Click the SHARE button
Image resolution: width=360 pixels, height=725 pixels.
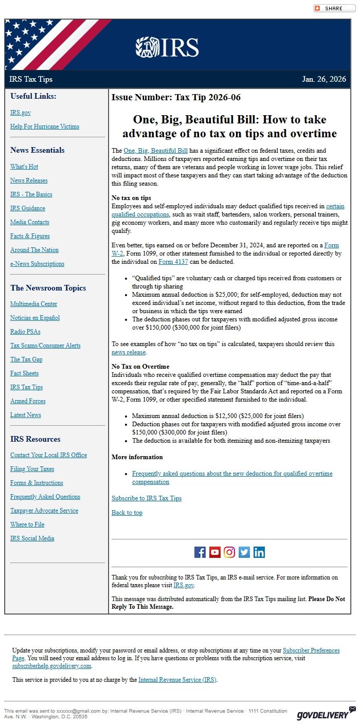point(334,8)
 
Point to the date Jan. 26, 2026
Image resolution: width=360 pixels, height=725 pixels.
point(324,79)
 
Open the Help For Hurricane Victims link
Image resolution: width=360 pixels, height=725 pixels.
point(45,126)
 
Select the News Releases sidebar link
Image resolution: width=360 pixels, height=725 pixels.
point(29,180)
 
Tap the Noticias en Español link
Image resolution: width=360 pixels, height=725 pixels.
point(35,318)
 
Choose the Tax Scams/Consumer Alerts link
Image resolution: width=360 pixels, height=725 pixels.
point(45,346)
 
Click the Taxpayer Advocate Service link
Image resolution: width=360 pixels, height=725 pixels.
point(44,511)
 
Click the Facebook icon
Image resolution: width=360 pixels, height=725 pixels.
point(200,552)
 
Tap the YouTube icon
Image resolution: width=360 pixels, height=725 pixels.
point(215,552)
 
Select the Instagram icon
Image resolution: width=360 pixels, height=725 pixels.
point(229,552)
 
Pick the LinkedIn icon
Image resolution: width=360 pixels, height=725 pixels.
point(259,552)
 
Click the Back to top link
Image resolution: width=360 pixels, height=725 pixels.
point(127,513)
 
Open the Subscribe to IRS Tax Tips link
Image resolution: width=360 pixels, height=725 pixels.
point(147,498)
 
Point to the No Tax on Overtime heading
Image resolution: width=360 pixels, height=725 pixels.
point(140,367)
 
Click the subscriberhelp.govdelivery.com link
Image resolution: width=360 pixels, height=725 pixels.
point(52,666)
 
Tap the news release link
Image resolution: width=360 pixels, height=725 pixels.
point(129,352)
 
